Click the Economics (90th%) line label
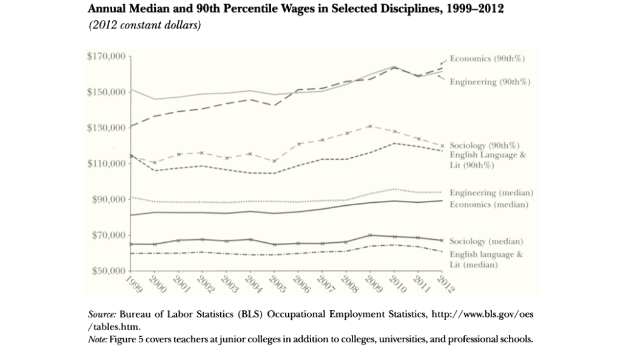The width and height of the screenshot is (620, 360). (487, 58)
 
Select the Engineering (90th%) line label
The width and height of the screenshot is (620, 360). (490, 82)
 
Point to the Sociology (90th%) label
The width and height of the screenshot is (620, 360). (484, 146)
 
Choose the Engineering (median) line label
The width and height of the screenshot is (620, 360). (491, 192)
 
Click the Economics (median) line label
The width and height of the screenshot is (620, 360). (489, 205)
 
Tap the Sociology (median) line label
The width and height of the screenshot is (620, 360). (486, 242)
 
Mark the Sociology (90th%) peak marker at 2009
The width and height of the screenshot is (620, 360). (369, 126)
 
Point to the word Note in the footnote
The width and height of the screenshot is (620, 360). (98, 338)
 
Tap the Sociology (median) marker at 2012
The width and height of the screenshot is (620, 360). (442, 240)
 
